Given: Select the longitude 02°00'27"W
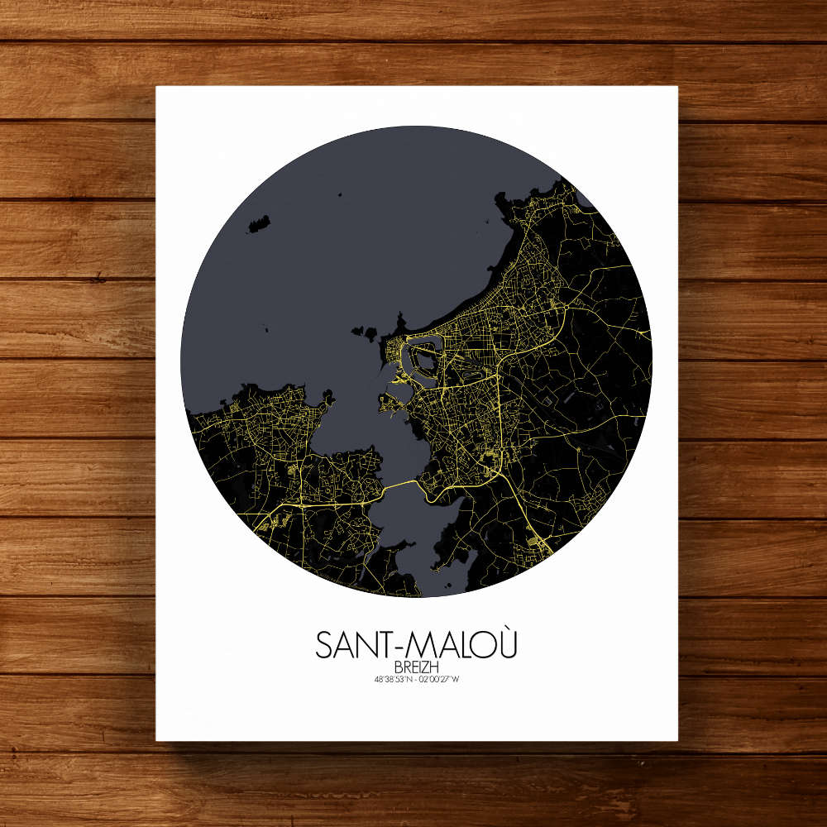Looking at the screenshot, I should tap(438, 680).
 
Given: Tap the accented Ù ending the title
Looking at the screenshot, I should tap(505, 644).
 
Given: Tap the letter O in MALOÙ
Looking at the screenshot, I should tap(483, 646).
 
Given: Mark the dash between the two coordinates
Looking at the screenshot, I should tap(416, 680).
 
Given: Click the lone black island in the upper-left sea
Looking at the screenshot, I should tap(260, 223).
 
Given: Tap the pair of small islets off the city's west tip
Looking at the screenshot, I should tap(364, 332).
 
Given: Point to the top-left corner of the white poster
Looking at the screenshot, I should tap(157, 87).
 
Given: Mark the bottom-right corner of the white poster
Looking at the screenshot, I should tap(677, 740).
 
